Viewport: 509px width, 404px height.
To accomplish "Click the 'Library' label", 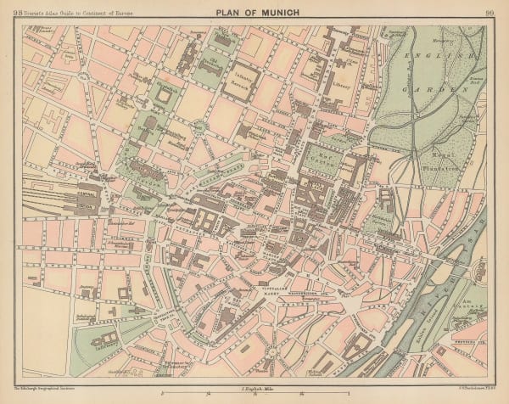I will [344, 86].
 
